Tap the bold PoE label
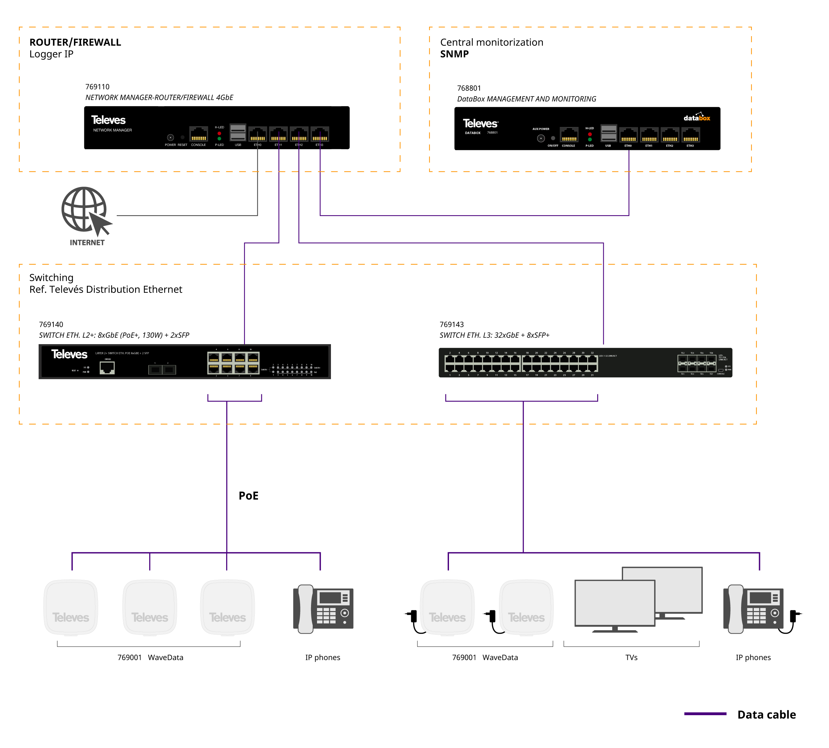(x=248, y=496)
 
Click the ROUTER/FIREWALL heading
(x=75, y=42)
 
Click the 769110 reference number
(x=97, y=87)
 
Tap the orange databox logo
(x=696, y=118)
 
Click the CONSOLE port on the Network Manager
(x=199, y=134)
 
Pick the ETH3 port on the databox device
(x=690, y=135)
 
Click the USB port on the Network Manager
(x=237, y=133)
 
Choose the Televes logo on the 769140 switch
(x=69, y=354)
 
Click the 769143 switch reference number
(x=451, y=325)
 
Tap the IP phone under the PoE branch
(x=323, y=609)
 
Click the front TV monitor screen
(x=614, y=602)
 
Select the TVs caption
(x=631, y=657)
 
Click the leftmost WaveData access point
(x=71, y=607)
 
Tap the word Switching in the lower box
(x=51, y=278)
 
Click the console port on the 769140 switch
(x=107, y=367)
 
